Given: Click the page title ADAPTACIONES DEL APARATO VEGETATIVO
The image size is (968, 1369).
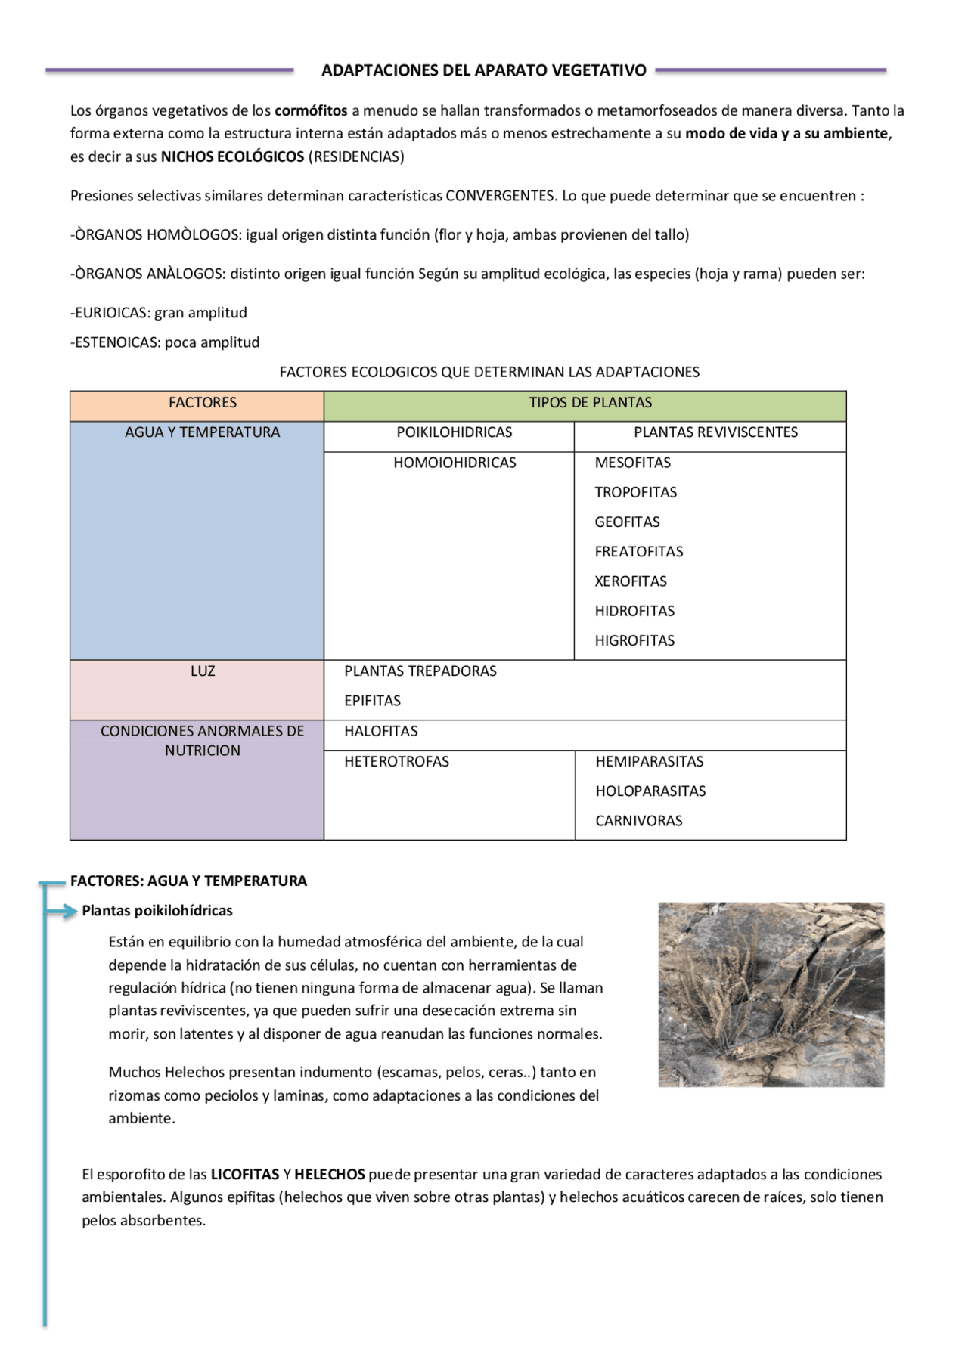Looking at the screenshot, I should (484, 70).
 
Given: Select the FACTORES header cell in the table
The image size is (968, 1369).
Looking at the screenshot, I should (203, 403).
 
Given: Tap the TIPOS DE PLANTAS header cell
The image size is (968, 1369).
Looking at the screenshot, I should (590, 403).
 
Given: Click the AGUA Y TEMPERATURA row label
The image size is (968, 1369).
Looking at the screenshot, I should (203, 432).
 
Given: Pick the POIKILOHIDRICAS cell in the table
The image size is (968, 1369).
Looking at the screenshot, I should (454, 432).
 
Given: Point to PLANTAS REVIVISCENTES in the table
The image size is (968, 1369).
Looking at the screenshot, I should (715, 432).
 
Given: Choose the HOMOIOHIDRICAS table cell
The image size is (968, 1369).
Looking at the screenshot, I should (455, 463).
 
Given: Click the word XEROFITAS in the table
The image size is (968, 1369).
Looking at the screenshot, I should (631, 581).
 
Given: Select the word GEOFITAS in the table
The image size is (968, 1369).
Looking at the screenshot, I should (627, 522).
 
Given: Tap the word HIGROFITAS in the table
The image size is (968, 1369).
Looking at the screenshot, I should (634, 640).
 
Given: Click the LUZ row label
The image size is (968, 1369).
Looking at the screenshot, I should (203, 671).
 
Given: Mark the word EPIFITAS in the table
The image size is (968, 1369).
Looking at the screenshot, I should (372, 701).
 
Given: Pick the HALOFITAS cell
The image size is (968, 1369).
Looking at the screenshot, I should (381, 731).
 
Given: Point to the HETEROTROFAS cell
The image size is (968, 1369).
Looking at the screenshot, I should (396, 762).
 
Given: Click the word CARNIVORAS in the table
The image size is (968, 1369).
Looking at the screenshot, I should (638, 821).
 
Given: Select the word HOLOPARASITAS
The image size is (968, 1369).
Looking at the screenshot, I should (650, 791).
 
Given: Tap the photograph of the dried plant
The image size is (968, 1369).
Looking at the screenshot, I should (771, 994).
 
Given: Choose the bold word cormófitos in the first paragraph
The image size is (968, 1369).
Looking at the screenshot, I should (311, 110).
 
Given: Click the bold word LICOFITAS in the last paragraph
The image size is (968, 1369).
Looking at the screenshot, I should (245, 1174).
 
